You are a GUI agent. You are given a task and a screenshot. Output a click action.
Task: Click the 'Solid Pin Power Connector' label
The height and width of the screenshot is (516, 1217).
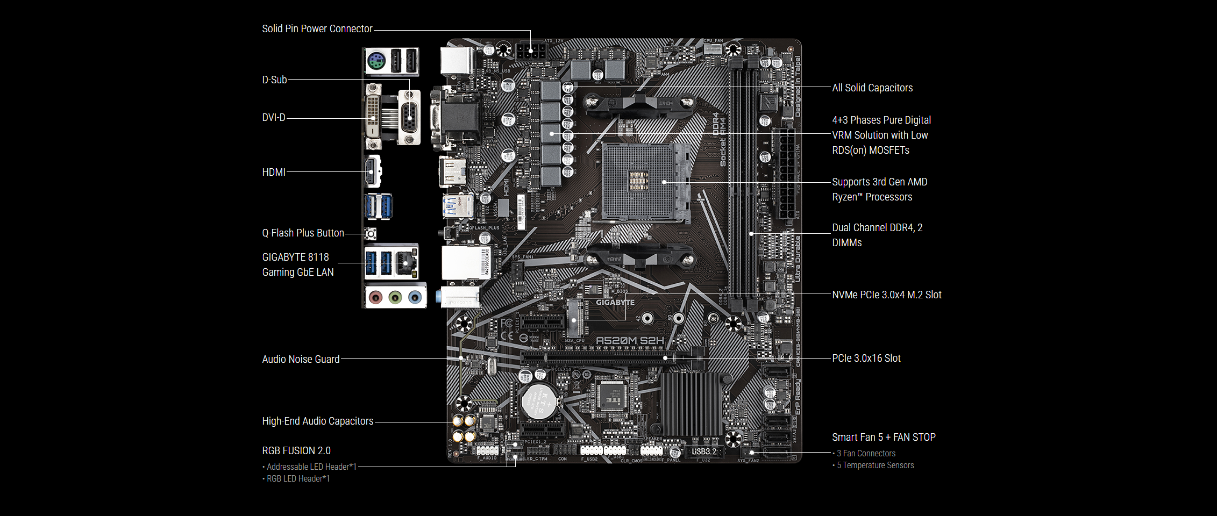pyautogui.click(x=317, y=29)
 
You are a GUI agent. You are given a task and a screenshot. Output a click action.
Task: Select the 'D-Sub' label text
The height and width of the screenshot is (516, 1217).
pyautogui.click(x=274, y=80)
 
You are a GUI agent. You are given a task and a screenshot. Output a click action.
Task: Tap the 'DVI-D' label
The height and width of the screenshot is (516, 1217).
pyautogui.click(x=274, y=118)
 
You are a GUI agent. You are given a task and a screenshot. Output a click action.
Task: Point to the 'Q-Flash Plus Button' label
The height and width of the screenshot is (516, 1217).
pyautogui.click(x=303, y=233)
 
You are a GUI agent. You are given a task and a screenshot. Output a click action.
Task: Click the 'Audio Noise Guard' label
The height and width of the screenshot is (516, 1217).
pyautogui.click(x=301, y=360)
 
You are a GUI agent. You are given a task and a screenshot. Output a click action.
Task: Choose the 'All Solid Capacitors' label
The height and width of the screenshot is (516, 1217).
pyautogui.click(x=872, y=88)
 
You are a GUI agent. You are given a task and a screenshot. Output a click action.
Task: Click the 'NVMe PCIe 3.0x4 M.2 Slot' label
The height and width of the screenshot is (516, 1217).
pyautogui.click(x=886, y=295)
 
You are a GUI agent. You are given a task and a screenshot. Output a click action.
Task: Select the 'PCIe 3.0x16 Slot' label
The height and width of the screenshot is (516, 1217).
pyautogui.click(x=866, y=359)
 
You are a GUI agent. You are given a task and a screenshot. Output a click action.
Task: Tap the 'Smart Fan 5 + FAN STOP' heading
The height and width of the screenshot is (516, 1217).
pyautogui.click(x=883, y=438)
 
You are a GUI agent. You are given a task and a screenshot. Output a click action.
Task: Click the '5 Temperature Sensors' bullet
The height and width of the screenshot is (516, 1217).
pyautogui.click(x=874, y=465)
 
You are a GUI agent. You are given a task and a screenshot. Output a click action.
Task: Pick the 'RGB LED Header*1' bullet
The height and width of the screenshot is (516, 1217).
pyautogui.click(x=297, y=479)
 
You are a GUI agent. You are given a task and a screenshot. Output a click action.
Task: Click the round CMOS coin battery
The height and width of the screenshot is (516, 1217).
pyautogui.click(x=539, y=401)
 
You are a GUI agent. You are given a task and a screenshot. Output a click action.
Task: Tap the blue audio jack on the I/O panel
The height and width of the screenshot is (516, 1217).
pyautogui.click(x=415, y=297)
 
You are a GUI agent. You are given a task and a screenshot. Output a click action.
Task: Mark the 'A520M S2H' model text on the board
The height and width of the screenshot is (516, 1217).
pyautogui.click(x=630, y=341)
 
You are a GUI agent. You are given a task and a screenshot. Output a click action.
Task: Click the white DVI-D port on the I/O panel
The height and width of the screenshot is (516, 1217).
pyautogui.click(x=373, y=117)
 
